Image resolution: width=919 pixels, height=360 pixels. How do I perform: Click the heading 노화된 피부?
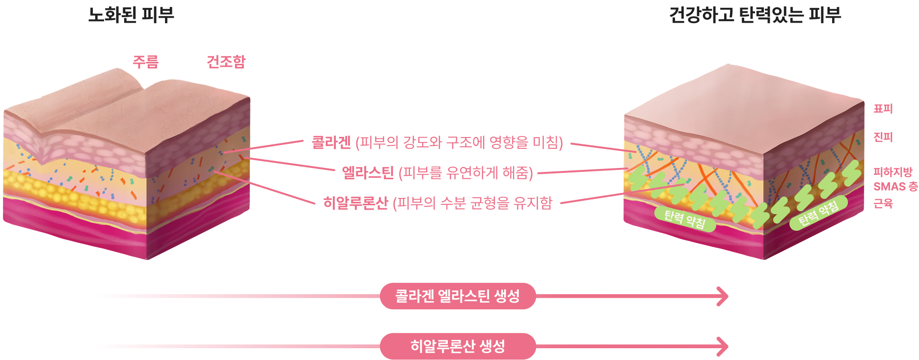[x=131, y=15]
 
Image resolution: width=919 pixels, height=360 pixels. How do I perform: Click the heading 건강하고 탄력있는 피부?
[x=755, y=15]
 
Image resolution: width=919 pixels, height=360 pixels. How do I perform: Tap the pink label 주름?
[x=146, y=62]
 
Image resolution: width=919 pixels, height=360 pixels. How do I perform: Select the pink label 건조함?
[x=226, y=62]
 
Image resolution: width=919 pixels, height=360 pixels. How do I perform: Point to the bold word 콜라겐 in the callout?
[x=331, y=142]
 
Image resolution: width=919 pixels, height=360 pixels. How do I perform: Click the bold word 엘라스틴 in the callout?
[x=368, y=172]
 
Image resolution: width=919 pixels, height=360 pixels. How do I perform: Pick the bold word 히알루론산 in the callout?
[x=355, y=202]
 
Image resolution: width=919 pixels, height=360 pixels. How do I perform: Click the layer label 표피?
[x=883, y=109]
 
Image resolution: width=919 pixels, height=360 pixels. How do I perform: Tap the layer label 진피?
[x=883, y=137]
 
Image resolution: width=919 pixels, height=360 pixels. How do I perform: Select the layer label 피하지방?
[x=892, y=172]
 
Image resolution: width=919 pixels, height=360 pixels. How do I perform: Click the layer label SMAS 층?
[x=895, y=187]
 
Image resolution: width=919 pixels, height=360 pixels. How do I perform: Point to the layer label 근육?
[x=883, y=203]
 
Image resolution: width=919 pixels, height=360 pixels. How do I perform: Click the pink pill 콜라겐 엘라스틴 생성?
[x=458, y=296]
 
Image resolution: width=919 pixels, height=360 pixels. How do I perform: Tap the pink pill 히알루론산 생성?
[x=458, y=346]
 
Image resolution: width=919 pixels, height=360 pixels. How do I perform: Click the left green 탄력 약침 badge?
[x=685, y=219]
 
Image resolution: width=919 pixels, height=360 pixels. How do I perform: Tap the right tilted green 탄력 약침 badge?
[x=819, y=213]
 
